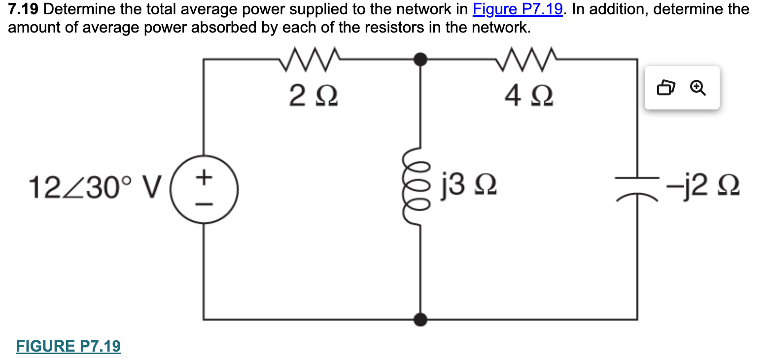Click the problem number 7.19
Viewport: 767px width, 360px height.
(x=23, y=9)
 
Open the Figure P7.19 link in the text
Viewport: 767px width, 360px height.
(x=517, y=9)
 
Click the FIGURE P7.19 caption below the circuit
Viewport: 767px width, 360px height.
(x=68, y=346)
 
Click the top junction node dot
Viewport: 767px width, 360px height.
(x=420, y=59)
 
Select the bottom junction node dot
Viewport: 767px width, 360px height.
(x=420, y=320)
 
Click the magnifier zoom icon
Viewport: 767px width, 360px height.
(x=697, y=88)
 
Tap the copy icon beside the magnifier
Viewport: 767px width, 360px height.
(x=665, y=88)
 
